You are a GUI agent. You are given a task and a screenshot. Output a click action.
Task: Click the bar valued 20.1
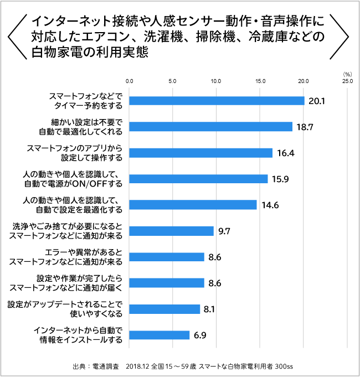pos(217,101)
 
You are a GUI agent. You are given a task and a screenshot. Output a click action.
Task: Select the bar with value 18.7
pos(210,127)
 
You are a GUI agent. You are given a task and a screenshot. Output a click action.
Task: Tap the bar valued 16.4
pos(200,153)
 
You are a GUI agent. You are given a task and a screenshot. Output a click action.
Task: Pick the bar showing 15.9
pos(198,179)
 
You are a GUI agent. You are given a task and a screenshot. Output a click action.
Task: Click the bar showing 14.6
pos(193,205)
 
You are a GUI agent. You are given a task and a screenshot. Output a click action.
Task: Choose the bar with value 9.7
pos(171,231)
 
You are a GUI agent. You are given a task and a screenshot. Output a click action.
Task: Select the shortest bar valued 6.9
pos(160,335)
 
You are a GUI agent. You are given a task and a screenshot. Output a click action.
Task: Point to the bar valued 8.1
pos(164,309)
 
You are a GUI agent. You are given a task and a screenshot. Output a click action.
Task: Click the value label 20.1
pos(316,101)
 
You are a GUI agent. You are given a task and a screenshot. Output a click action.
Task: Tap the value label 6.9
pos(200,335)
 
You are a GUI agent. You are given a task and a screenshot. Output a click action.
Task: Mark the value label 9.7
pos(224,231)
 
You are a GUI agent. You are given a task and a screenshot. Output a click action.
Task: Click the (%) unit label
pos(347,73)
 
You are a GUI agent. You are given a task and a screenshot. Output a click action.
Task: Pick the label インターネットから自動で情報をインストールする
pos(78,335)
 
